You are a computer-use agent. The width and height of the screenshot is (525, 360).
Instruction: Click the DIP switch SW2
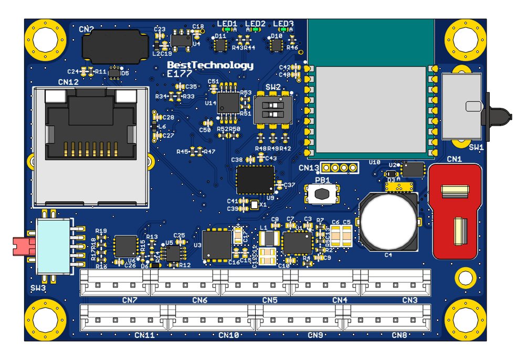273,109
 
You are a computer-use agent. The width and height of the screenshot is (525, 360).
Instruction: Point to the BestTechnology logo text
209,66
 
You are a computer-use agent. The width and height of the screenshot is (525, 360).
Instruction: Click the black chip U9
255,180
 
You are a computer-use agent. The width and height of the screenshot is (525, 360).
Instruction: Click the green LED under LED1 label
227,30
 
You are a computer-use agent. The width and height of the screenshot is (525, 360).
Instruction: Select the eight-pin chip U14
228,101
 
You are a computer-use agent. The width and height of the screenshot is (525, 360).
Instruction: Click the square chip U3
216,245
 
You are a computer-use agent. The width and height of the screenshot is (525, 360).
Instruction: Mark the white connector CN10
208,317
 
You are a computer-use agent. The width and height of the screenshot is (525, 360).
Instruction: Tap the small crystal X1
255,205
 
